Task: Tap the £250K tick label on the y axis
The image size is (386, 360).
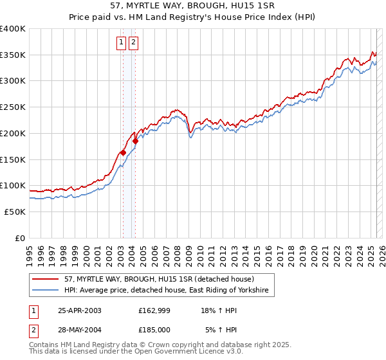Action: click(13, 107)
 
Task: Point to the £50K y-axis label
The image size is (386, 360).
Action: click(15, 212)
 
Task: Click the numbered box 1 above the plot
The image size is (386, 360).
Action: click(122, 43)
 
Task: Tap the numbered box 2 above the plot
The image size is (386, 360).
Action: click(133, 43)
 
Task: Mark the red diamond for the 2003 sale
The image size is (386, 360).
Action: click(123, 153)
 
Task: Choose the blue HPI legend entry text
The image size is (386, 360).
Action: click(169, 291)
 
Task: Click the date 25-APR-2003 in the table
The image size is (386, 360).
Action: click(80, 310)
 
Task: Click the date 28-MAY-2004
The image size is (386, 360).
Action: click(80, 330)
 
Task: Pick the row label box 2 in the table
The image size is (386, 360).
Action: click(33, 330)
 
